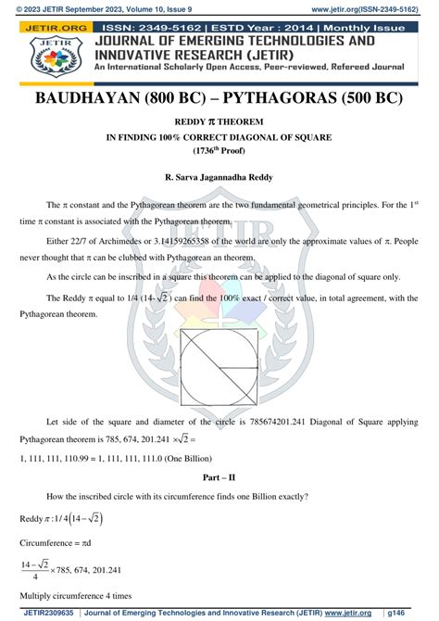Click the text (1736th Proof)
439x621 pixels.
pos(219,149)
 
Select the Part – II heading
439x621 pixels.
pos(219,478)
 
